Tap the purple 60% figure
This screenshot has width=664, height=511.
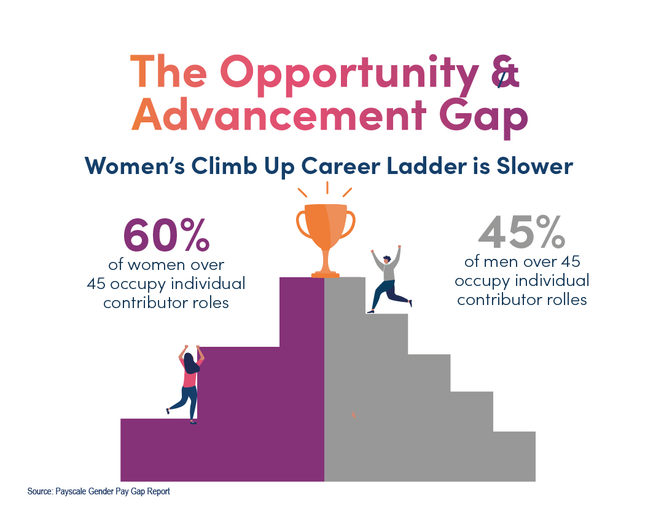(x=166, y=234)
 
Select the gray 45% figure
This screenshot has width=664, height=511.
(x=521, y=232)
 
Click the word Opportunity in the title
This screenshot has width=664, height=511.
(x=350, y=73)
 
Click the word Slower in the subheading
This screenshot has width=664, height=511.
(x=534, y=166)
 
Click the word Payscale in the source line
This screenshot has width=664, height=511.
(x=71, y=491)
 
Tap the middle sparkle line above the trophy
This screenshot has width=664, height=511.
(x=327, y=188)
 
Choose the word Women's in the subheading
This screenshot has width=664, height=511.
(x=135, y=166)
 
